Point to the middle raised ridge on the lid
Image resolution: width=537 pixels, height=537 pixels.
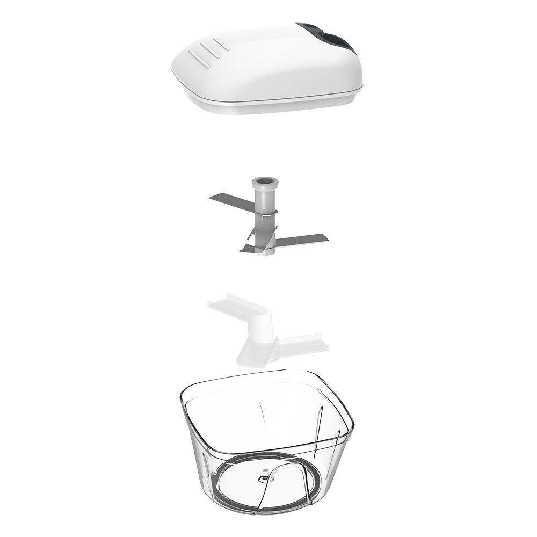[208, 50]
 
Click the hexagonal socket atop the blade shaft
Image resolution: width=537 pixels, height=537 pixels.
[264, 183]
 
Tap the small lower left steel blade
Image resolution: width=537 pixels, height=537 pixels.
[249, 248]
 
